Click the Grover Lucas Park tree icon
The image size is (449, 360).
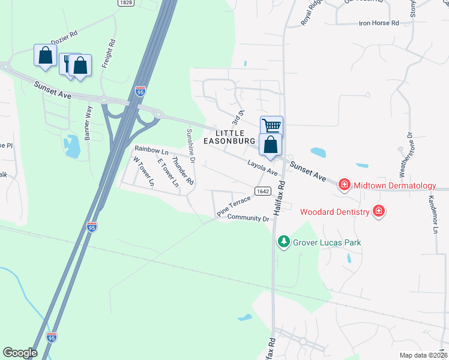284,242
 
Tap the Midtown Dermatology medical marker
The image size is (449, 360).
345,184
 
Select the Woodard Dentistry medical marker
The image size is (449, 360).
378,211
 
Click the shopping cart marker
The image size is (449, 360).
271,126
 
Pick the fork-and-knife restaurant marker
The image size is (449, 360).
67,62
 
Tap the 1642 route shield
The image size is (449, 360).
262,191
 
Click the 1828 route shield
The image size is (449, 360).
125,3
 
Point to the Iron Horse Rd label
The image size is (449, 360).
379,23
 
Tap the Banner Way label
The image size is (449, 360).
88,123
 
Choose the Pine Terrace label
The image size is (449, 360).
234,205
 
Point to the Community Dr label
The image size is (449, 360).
249,218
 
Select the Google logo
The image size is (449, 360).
20,353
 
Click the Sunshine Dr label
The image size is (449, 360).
191,146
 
